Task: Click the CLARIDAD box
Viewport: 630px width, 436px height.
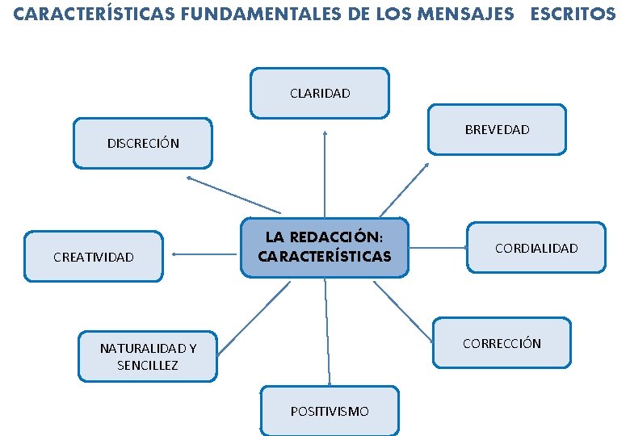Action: click(x=320, y=93)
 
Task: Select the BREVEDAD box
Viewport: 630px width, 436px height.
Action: click(x=497, y=129)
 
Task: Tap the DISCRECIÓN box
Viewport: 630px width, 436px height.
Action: click(x=143, y=143)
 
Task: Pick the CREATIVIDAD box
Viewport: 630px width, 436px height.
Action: click(x=93, y=257)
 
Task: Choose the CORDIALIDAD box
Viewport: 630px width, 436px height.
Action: click(x=536, y=248)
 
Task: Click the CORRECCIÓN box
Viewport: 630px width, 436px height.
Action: click(x=502, y=343)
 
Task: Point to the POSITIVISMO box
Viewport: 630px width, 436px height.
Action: click(x=330, y=411)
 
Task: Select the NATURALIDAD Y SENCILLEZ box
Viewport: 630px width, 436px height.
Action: click(x=148, y=356)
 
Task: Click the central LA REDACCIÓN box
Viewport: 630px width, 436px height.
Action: click(x=324, y=247)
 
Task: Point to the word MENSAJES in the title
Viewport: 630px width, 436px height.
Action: click(x=465, y=14)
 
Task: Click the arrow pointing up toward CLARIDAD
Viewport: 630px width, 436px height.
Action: click(x=325, y=174)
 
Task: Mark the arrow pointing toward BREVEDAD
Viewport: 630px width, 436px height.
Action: click(x=404, y=190)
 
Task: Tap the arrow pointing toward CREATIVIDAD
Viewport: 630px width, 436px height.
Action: click(x=206, y=255)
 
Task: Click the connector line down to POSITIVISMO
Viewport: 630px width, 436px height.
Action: click(x=327, y=331)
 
